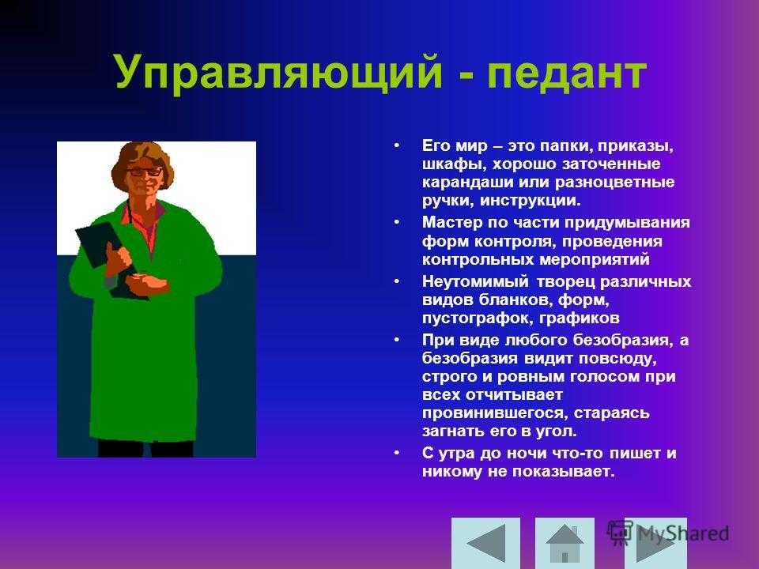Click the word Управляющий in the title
pyautogui.click(x=279, y=73)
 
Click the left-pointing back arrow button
pyautogui.click(x=485, y=543)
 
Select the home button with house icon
pyautogui.click(x=565, y=543)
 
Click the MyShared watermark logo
pyautogui.click(x=668, y=533)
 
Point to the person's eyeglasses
pyautogui.click(x=144, y=171)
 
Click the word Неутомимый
pyautogui.click(x=475, y=281)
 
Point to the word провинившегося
pyautogui.click(x=493, y=413)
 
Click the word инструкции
pyautogui.click(x=530, y=200)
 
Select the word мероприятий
pyautogui.click(x=595, y=260)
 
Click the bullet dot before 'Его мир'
pyautogui.click(x=397, y=145)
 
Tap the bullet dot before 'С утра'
pyautogui.click(x=397, y=453)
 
